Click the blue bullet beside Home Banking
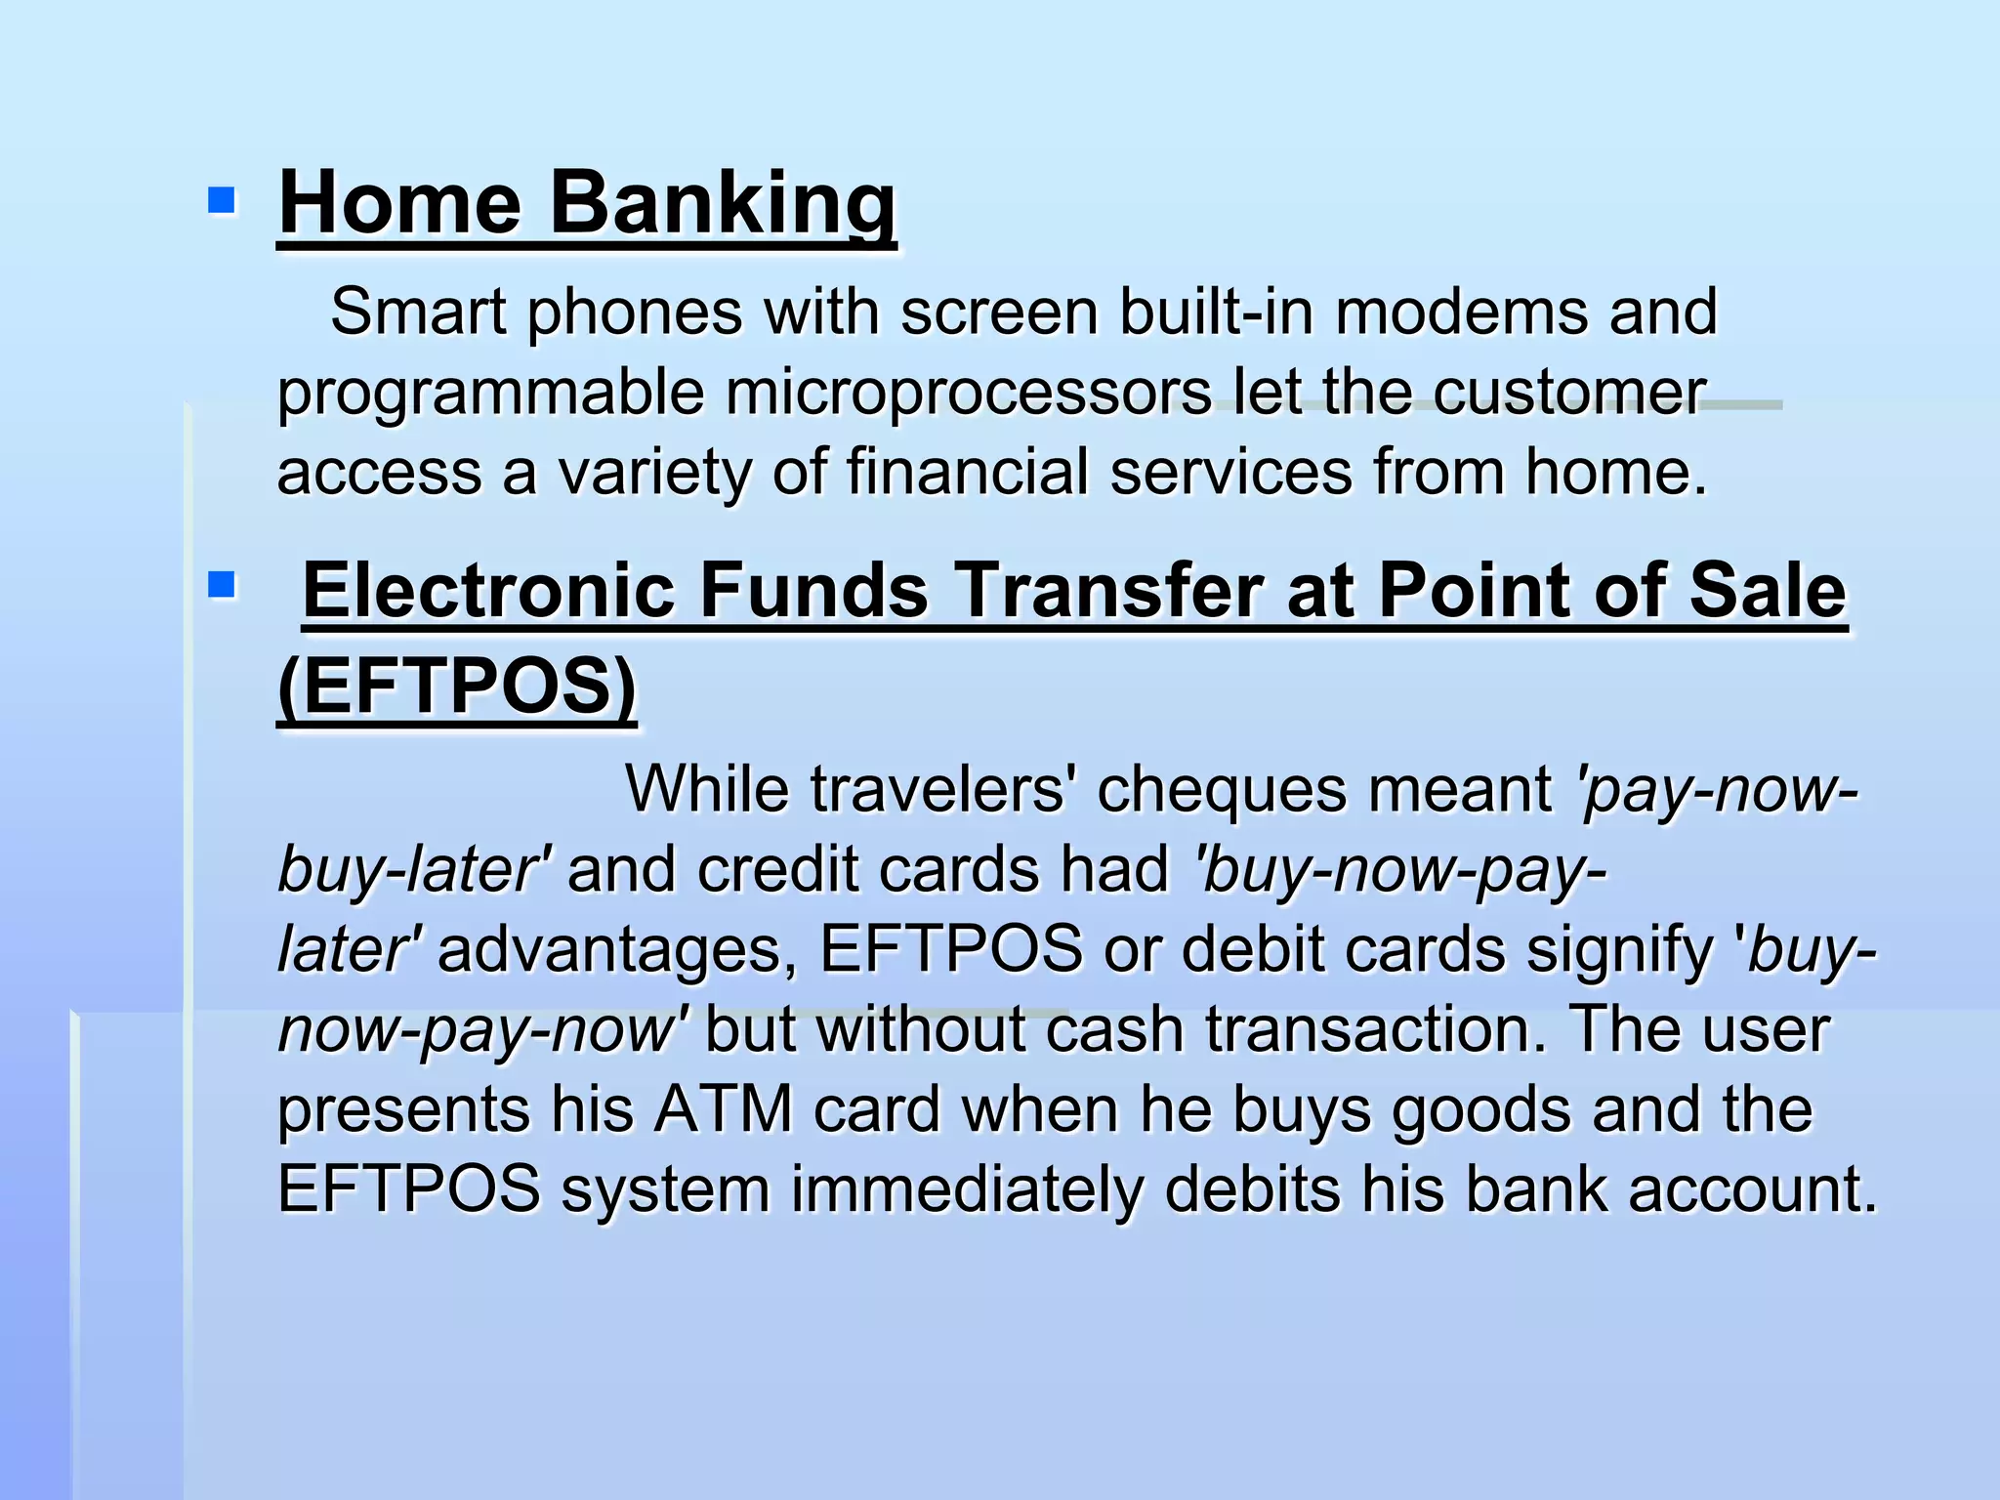222,201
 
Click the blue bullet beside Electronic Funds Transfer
222,585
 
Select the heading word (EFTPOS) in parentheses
457,686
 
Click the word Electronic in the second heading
488,591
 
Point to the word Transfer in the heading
1108,591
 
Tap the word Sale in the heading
1768,591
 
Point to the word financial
967,472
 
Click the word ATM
724,1109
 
